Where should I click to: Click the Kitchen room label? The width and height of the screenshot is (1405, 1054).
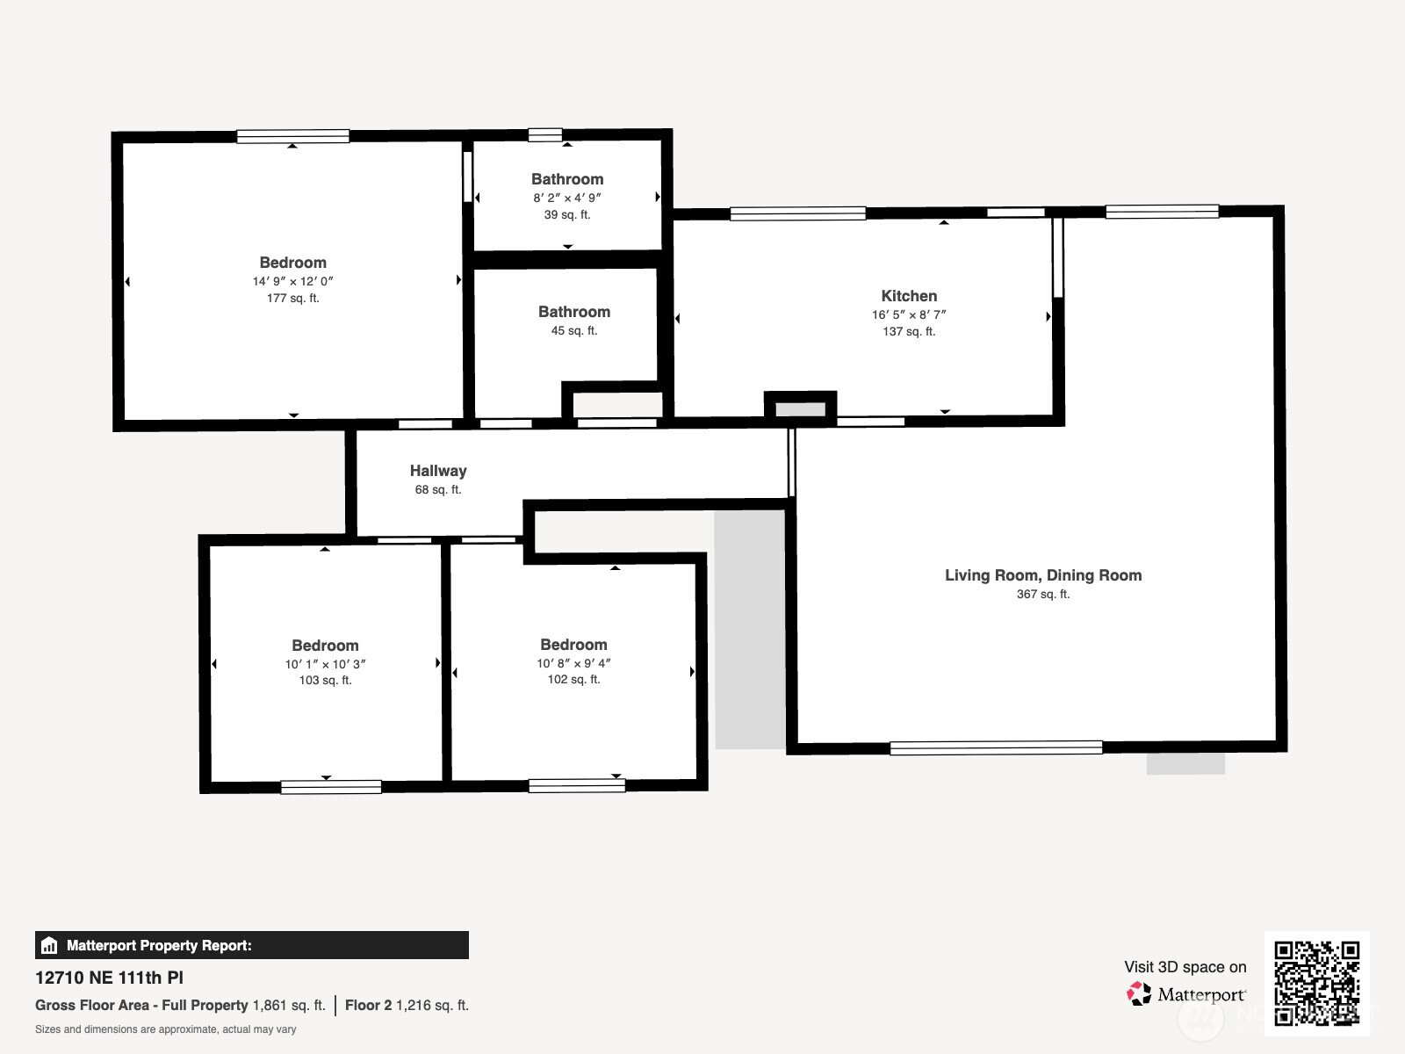909,296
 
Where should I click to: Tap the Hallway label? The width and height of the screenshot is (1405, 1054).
438,471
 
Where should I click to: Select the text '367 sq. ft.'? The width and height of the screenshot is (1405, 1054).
1043,594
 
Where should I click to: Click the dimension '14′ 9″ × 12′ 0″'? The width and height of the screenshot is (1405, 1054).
293,281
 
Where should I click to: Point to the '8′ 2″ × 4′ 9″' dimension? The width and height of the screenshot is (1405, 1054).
567,198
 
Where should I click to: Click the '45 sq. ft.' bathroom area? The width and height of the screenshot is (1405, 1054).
574,331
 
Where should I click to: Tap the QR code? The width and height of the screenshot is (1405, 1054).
1316,984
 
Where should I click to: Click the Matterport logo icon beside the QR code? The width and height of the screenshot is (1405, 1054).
1139,994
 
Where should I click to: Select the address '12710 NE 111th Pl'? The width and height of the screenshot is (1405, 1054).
110,978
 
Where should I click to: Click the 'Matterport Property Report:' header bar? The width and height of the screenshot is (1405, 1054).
251,945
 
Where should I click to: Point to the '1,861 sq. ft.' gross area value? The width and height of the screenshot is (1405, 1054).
289,1006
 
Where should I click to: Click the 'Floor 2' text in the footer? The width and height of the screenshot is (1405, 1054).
368,1006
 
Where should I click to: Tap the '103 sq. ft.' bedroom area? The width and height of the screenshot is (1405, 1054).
325,680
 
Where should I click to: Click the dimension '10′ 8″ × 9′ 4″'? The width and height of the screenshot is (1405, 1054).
573,663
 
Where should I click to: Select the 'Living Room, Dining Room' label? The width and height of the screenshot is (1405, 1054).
1043,575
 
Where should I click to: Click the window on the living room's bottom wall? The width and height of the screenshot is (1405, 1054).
996,747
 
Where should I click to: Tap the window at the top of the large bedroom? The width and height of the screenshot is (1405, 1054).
292,136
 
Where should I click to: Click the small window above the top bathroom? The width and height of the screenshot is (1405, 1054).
544,134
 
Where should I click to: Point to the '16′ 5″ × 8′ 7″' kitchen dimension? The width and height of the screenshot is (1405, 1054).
909,314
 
